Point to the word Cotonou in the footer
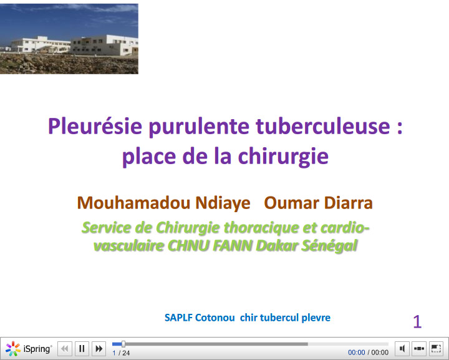(x=216, y=318)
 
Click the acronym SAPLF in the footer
(x=178, y=318)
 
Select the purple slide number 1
(x=417, y=322)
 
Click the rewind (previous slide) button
(x=65, y=349)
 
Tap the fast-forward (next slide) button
(x=99, y=349)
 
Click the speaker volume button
(x=403, y=349)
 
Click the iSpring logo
(x=29, y=349)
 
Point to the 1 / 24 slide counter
(x=121, y=353)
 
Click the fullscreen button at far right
(x=436, y=349)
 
